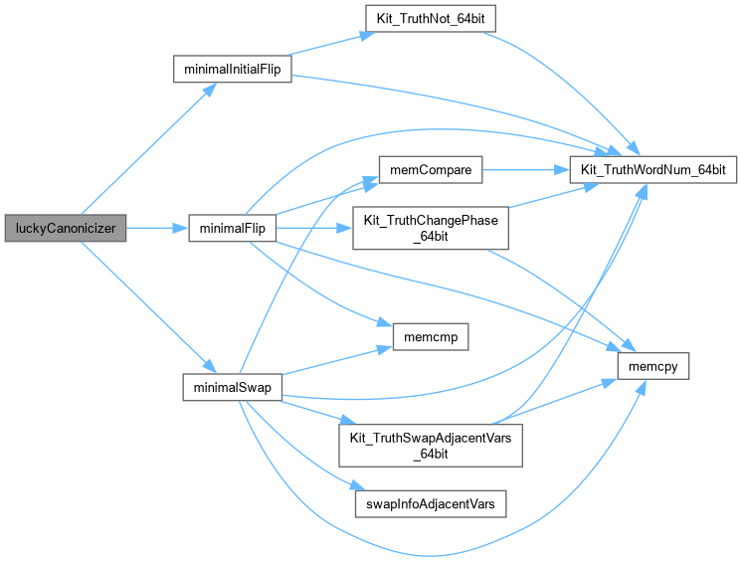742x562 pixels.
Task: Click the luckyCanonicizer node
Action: (x=65, y=229)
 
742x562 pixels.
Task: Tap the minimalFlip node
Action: (x=232, y=229)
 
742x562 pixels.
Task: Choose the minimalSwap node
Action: (x=232, y=386)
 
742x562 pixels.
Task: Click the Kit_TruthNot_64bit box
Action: (x=430, y=20)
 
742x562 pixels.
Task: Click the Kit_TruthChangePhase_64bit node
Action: (x=430, y=229)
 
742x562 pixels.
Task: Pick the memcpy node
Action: (x=652, y=366)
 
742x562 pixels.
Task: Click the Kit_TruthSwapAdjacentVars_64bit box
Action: (x=430, y=444)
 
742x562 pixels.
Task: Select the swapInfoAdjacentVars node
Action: (x=430, y=504)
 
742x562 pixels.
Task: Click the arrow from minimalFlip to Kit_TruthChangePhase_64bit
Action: (x=314, y=229)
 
